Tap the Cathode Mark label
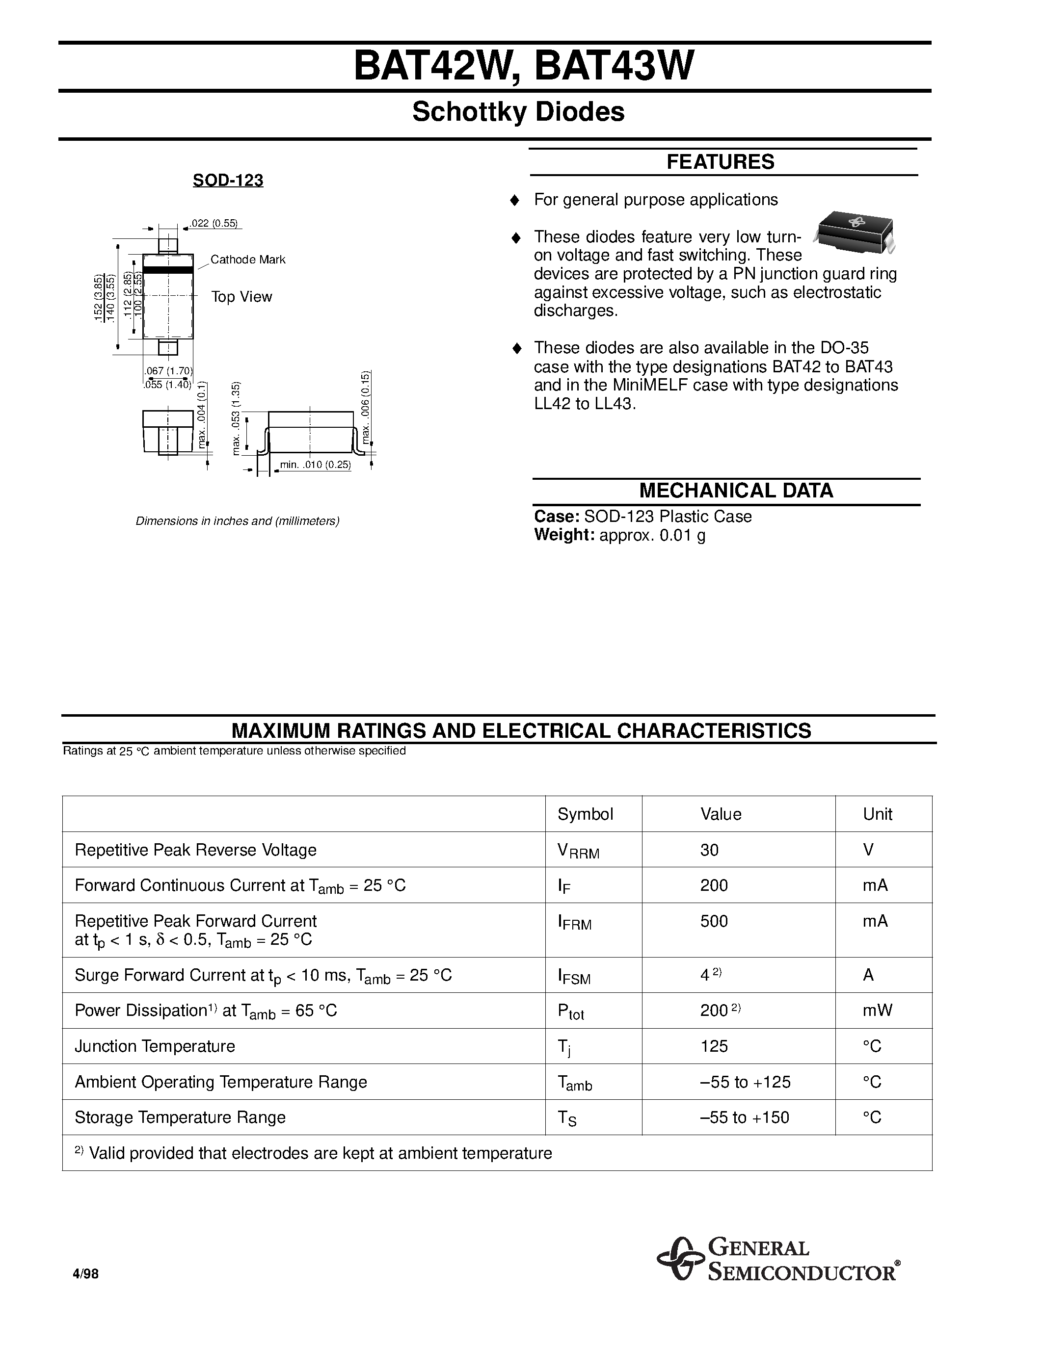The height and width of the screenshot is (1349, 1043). [248, 259]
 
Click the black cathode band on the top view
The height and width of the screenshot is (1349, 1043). [168, 270]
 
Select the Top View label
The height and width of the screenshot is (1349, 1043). [241, 297]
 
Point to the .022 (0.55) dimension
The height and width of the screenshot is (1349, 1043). [214, 224]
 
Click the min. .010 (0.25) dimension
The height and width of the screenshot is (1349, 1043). [315, 465]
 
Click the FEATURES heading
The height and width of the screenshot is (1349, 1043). [720, 162]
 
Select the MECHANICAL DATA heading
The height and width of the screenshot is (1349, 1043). [735, 491]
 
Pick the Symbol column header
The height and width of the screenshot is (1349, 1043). [585, 814]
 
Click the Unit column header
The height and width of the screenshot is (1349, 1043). [878, 814]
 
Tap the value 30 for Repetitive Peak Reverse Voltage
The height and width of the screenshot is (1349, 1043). [709, 850]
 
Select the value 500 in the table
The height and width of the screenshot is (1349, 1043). [714, 921]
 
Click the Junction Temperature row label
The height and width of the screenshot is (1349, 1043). [155, 1046]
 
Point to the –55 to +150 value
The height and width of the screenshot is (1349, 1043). [745, 1117]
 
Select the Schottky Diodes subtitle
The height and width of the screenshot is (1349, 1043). [518, 112]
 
